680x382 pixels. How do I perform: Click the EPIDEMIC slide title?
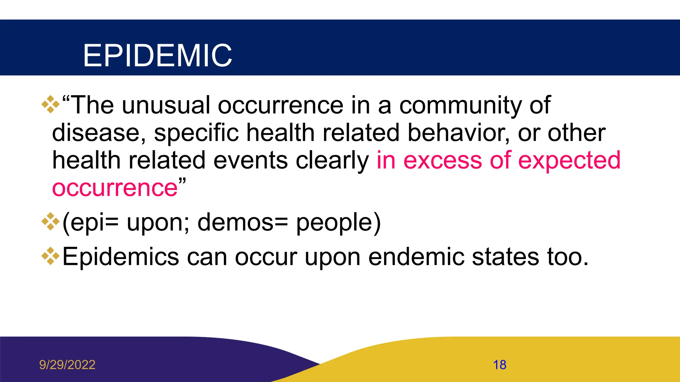[x=157, y=55]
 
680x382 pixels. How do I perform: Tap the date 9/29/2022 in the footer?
[x=67, y=365]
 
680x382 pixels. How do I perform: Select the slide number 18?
[x=499, y=365]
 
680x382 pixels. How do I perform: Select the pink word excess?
[x=442, y=160]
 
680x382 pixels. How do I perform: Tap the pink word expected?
[x=569, y=160]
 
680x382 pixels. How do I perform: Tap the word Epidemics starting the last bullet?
[x=121, y=257]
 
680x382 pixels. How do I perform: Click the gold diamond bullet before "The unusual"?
[x=50, y=104]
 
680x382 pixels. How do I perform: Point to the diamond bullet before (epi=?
[x=50, y=222]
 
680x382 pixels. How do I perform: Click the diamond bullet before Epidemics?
[x=50, y=256]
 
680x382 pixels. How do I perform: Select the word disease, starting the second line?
[x=99, y=133]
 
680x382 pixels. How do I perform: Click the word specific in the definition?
[x=196, y=133]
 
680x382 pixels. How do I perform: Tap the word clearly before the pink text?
[x=332, y=160]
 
